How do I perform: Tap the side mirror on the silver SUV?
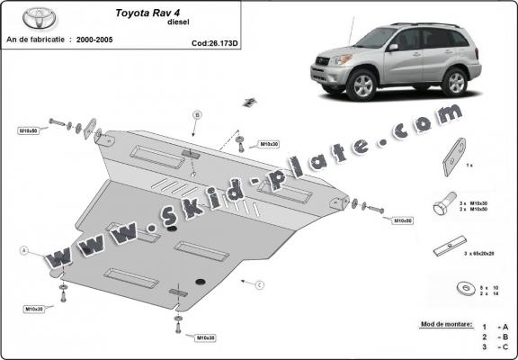[393, 47]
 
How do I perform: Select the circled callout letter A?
[24, 249]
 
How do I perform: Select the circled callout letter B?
[197, 114]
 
